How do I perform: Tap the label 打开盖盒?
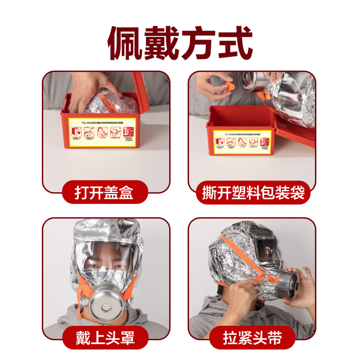click(x=105, y=193)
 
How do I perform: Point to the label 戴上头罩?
click(x=105, y=337)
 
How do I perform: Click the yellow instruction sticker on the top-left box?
click(x=103, y=132)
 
